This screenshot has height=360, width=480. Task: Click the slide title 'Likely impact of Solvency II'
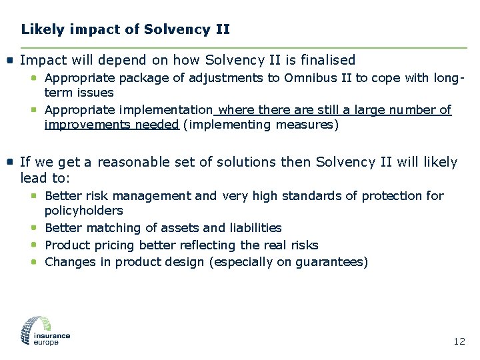(x=125, y=29)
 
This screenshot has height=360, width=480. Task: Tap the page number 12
(x=459, y=341)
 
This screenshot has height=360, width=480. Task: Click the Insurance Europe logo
(x=45, y=331)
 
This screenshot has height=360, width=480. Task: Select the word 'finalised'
(x=328, y=60)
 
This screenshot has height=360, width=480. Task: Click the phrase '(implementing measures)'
(x=261, y=125)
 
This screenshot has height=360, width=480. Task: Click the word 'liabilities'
(x=256, y=228)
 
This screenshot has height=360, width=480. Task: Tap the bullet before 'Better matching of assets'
(x=34, y=228)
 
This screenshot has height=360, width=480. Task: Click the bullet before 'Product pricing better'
(x=34, y=245)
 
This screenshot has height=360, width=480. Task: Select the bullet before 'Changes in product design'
(x=34, y=262)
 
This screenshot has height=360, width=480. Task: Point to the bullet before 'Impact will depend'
(x=10, y=60)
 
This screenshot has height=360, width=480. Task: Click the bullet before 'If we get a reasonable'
(x=10, y=162)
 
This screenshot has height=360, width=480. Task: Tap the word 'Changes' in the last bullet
(x=68, y=262)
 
